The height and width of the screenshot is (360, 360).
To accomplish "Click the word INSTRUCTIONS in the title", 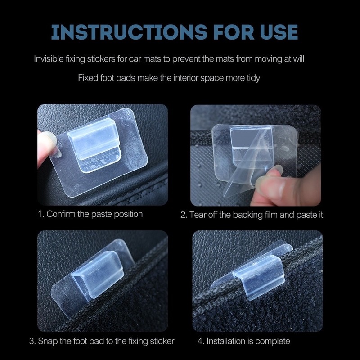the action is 129,31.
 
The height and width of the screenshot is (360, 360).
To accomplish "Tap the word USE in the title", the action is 279,31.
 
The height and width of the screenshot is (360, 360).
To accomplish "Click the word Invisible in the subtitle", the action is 49,59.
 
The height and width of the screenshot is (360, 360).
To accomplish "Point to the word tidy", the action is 253,78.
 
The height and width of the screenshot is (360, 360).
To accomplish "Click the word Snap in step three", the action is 48,341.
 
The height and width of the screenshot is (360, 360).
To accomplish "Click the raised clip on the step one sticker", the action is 94,144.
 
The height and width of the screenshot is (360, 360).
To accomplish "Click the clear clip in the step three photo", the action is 98,274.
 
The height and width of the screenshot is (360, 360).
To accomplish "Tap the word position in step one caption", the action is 128,214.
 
